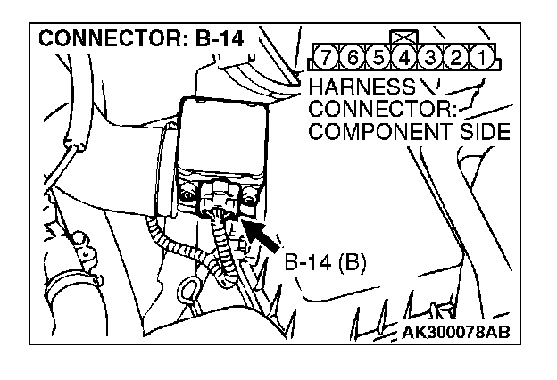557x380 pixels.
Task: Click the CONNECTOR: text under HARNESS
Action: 381,110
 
